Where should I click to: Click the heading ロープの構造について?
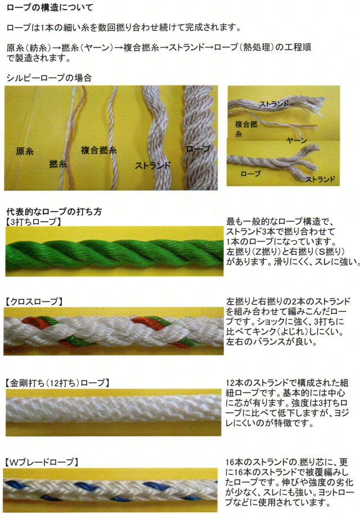49,7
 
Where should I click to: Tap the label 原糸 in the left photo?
25,151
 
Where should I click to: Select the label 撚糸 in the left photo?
58,163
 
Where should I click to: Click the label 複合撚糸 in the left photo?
98,150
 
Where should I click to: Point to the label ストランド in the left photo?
153,165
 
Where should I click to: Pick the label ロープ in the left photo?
198,148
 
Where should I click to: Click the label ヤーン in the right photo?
296,140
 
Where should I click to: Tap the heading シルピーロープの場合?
49,78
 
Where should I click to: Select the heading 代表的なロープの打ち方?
54,211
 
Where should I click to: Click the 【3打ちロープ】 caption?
33,222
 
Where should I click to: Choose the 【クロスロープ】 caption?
34,301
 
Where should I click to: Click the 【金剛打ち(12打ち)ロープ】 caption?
57,383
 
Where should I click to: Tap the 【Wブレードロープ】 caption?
42,462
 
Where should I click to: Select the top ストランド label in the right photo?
274,104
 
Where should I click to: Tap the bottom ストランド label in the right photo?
320,179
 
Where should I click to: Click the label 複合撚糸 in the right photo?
246,129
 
